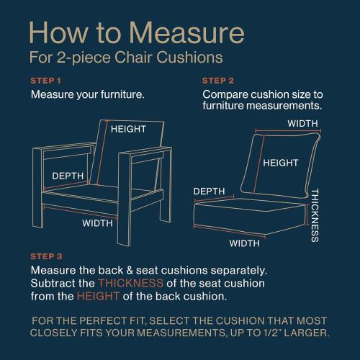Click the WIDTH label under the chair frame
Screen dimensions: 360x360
tap(97, 222)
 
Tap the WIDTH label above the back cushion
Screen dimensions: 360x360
tap(303, 124)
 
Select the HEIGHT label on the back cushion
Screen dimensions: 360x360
tap(280, 163)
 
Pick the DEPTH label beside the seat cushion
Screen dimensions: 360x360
tap(209, 191)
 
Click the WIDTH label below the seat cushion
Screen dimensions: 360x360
tap(245, 243)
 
